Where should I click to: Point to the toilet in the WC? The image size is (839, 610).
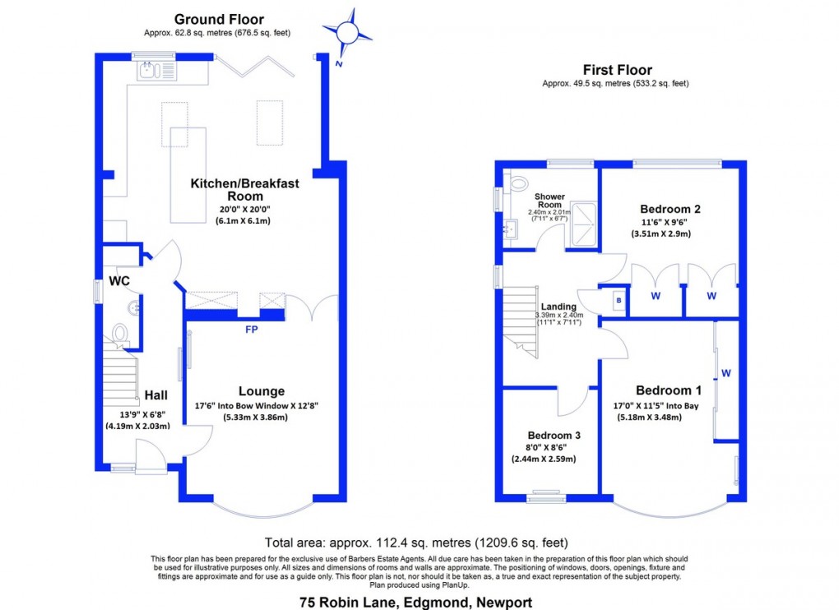pos(120,333)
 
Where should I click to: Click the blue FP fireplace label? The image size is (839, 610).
pos(251,330)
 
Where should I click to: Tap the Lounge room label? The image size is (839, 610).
pos(262,391)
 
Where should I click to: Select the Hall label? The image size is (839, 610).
pos(156,395)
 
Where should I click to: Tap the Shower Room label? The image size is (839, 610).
pos(549,201)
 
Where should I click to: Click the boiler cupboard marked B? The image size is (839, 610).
pos(618,301)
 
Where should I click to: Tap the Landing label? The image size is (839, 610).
pos(559,307)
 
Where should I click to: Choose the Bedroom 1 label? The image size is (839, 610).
pos(669,390)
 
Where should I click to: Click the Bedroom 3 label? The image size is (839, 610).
pos(549,435)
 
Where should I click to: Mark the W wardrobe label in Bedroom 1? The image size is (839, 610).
pos(725,373)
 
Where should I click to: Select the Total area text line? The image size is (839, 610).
pos(415,543)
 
